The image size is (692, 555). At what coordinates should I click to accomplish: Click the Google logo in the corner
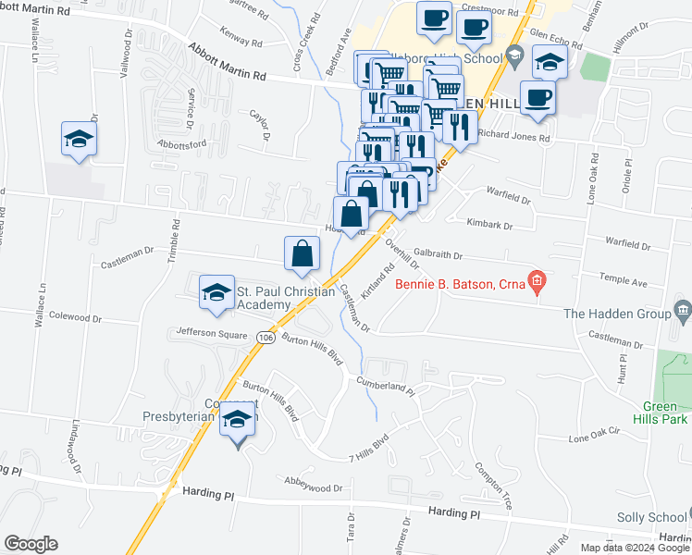[31, 544]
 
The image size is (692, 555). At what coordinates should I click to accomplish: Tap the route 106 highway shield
[266, 338]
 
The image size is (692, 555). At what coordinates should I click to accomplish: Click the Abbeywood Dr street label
[315, 487]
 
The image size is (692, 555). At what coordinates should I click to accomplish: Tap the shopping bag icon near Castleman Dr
[303, 253]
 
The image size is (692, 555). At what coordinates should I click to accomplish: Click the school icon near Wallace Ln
[80, 139]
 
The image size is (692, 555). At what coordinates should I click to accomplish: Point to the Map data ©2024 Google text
[635, 547]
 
